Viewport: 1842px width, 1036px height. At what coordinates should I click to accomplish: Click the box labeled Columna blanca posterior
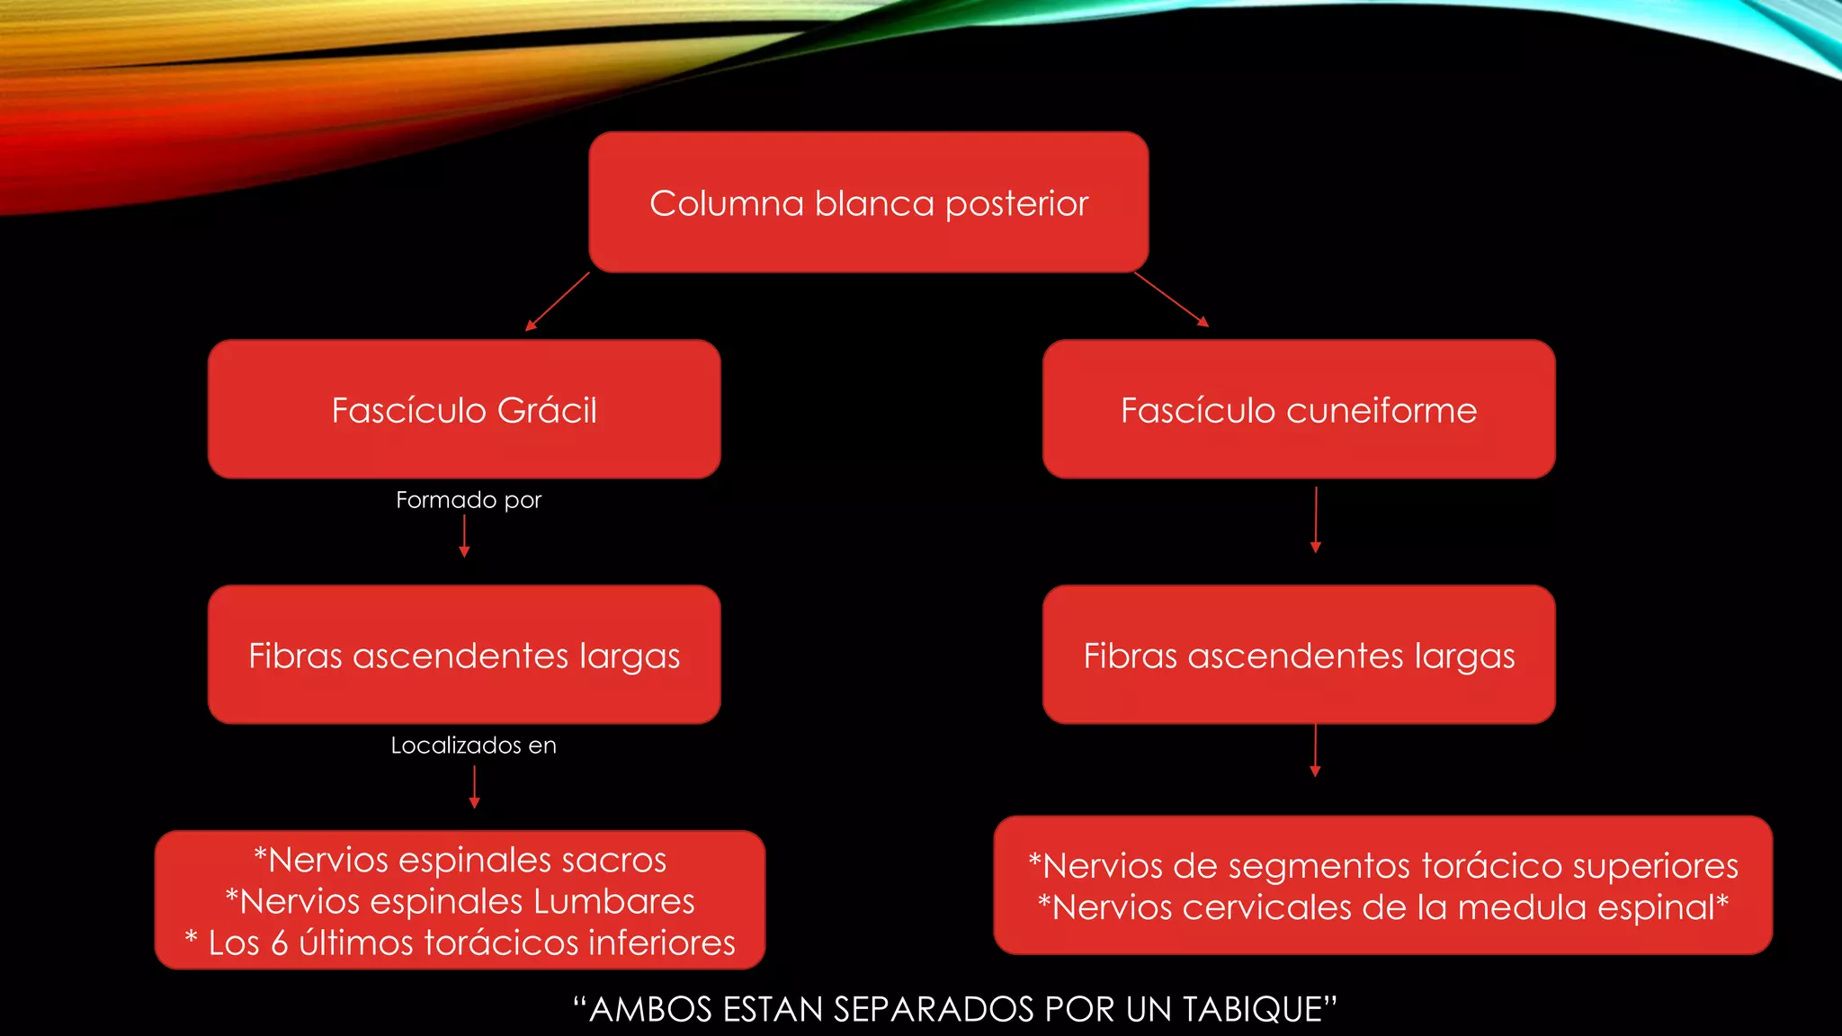tap(869, 202)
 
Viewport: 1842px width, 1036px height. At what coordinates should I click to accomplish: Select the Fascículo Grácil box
tap(464, 409)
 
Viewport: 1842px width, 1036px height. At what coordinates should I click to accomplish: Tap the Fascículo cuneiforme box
tap(1299, 409)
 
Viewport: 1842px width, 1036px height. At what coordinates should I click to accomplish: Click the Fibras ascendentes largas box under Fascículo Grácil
tap(464, 655)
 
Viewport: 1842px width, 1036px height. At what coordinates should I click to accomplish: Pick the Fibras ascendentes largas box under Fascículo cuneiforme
tap(1299, 655)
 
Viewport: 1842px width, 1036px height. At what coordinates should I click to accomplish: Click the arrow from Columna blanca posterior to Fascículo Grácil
tap(558, 301)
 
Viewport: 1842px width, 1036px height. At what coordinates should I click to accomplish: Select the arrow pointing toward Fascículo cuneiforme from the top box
tap(1171, 299)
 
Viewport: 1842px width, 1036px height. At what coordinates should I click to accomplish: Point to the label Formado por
tap(469, 500)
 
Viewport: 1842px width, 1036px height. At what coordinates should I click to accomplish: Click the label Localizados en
tap(473, 746)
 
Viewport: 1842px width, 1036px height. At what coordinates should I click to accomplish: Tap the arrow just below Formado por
tap(464, 537)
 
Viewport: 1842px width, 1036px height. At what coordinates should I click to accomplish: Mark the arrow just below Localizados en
tap(474, 788)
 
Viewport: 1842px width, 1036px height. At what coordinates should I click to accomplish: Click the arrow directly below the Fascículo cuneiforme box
tap(1315, 520)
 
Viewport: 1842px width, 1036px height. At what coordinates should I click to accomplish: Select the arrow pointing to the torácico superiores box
tap(1315, 750)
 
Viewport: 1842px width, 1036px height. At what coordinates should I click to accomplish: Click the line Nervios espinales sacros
tap(460, 860)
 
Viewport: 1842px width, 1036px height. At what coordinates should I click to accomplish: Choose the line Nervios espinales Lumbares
tap(460, 901)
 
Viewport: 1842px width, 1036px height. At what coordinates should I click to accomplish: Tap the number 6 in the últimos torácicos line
tap(280, 942)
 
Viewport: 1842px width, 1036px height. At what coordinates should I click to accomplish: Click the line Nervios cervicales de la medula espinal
tap(1383, 906)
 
